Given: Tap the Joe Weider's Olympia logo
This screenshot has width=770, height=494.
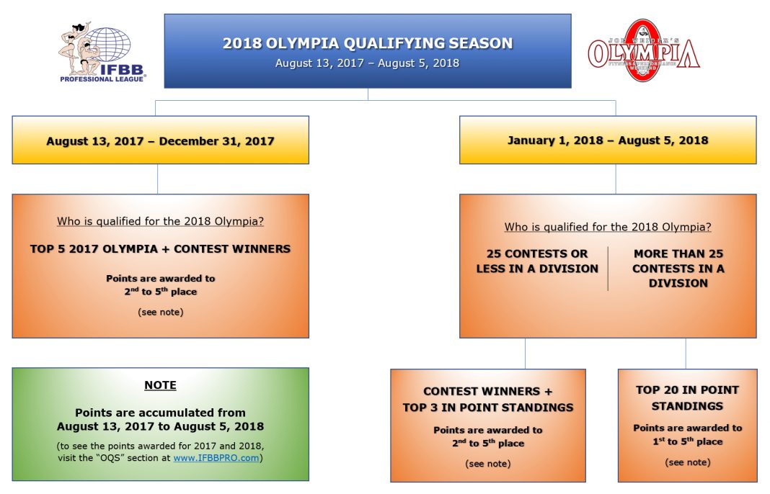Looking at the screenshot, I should pos(643,50).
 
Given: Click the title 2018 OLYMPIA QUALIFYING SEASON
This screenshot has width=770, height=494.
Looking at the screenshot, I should pos(368,43).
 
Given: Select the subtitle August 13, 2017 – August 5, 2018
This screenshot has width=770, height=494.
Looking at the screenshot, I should pos(368,63).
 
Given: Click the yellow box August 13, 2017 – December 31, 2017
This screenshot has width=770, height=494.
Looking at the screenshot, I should pos(160,140).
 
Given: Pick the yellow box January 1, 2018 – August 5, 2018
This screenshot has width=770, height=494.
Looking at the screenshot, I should pos(608,140).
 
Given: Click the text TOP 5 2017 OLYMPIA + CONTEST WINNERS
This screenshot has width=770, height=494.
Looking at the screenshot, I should pos(160,249).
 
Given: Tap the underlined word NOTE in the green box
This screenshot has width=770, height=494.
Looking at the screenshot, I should pos(160,385).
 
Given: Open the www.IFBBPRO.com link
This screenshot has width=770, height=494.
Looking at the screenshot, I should pos(216,458).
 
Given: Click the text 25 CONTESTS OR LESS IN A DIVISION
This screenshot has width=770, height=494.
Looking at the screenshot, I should pos(537,261).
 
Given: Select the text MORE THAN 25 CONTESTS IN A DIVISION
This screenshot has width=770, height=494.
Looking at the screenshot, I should pos(678,268).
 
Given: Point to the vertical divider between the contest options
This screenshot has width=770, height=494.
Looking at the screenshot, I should pos(608,268).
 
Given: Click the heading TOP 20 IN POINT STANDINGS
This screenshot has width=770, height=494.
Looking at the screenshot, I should pos(687,398).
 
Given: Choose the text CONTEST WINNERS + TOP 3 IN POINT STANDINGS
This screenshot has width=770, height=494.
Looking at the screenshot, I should pos(488,400).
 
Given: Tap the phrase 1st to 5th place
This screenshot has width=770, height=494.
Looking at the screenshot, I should pos(687,441).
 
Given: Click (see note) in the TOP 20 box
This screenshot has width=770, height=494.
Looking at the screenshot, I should pos(687,462).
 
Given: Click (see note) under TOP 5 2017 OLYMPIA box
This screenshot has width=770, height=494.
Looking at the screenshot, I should pos(160,313).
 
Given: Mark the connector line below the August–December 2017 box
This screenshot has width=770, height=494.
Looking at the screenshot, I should pos(158,179).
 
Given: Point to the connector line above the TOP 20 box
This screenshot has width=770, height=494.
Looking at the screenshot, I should pos(686,354).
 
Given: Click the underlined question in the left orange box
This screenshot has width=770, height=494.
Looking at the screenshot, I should pos(160,221).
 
